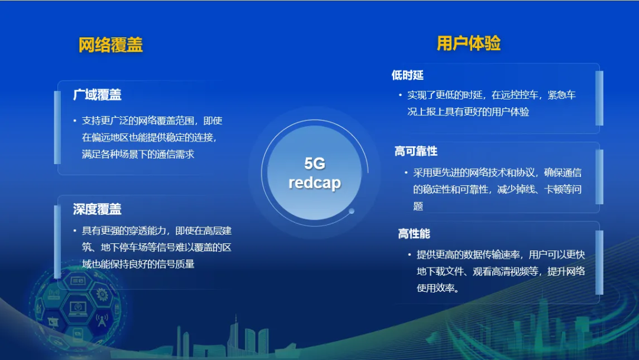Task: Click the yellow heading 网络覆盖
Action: [x=111, y=45]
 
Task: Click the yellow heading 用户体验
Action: [x=469, y=43]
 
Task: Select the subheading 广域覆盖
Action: [x=98, y=95]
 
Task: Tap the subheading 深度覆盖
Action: [x=98, y=209]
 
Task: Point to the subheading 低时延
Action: [x=408, y=75]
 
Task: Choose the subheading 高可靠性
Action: [x=416, y=151]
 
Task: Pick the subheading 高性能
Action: [x=414, y=234]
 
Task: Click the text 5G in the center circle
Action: [x=315, y=163]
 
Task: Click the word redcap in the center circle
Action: [x=315, y=182]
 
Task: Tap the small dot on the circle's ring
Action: [x=351, y=211]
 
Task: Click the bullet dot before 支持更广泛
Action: [x=75, y=121]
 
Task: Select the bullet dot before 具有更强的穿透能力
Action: [x=75, y=231]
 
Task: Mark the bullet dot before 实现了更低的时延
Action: [x=400, y=95]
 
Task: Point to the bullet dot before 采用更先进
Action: [x=406, y=172]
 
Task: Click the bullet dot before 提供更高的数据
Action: [x=409, y=255]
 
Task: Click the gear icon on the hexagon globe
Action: [x=102, y=294]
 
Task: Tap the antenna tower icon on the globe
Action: [x=102, y=320]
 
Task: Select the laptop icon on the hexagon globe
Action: [x=78, y=308]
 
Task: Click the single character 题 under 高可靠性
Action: [x=418, y=206]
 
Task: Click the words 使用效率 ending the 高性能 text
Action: [x=435, y=288]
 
